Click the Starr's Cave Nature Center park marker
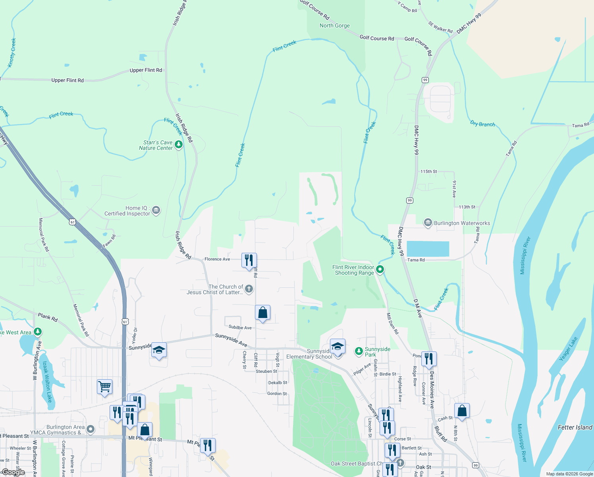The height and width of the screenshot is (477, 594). [x=179, y=144]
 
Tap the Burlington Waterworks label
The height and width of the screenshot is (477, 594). [x=462, y=223]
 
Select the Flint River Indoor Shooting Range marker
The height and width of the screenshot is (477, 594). [x=380, y=270]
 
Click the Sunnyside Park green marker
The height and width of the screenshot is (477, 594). [x=359, y=351]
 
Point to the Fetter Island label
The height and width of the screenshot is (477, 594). [x=575, y=427]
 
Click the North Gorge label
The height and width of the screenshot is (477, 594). [x=335, y=25]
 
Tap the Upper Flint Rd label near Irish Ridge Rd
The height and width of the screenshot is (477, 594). [x=146, y=70]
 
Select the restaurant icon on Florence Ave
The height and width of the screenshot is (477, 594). [x=249, y=261]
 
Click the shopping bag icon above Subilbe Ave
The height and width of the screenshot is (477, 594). [x=262, y=313]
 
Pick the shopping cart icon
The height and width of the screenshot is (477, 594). [x=104, y=386]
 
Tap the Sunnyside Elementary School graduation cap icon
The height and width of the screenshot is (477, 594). [x=337, y=347]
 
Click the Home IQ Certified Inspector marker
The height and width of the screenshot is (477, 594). [x=156, y=210]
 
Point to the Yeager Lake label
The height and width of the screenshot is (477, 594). [x=568, y=349]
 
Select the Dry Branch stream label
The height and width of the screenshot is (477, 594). [x=482, y=124]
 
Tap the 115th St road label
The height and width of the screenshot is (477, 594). [x=428, y=171]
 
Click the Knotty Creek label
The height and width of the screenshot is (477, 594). [x=12, y=52]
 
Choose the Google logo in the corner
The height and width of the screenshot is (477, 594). [x=13, y=472]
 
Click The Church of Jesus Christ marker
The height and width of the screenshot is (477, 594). [x=249, y=289]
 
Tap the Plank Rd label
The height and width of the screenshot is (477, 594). [x=48, y=317]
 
